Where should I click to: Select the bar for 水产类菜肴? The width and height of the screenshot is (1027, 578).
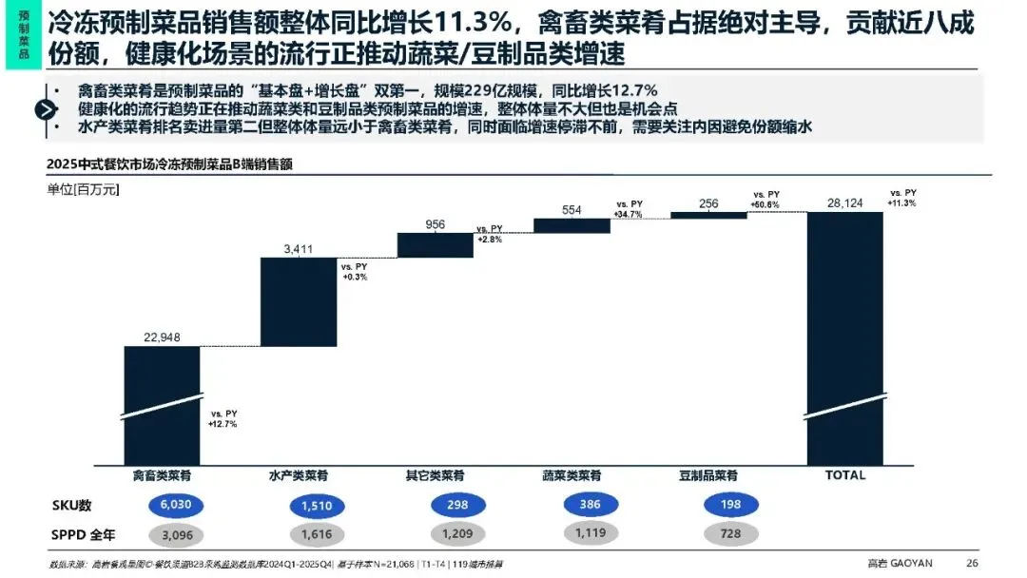click(298, 301)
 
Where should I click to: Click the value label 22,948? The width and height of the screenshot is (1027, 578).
click(162, 337)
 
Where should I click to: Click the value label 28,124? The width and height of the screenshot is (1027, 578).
click(844, 203)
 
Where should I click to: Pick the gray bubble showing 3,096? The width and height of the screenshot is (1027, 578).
click(163, 534)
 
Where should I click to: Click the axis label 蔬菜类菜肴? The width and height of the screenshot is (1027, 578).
click(572, 475)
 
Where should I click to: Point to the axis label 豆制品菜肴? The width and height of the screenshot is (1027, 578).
click(708, 475)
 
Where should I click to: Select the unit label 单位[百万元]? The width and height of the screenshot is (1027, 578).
click(83, 189)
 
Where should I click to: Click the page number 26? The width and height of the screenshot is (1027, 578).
click(971, 562)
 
